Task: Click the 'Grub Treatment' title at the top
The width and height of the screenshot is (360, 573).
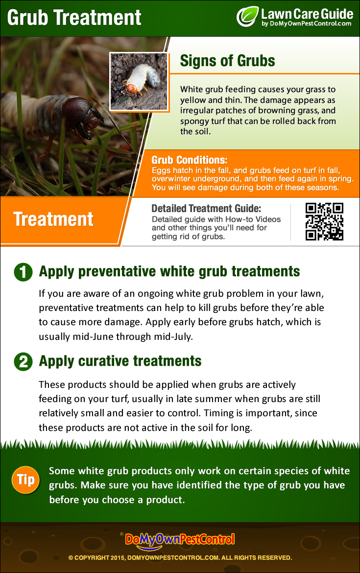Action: (74, 18)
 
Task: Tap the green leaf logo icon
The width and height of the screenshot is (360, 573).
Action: (247, 17)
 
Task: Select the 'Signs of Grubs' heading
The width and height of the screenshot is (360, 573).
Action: (227, 61)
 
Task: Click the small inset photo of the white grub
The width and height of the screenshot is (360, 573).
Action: (139, 81)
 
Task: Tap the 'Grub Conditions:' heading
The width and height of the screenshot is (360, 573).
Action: (190, 160)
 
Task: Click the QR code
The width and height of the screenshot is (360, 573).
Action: (324, 221)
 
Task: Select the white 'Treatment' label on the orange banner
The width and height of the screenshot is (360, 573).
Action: (53, 219)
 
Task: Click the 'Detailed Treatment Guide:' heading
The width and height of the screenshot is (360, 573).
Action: (206, 208)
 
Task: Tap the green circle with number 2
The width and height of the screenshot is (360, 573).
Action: (23, 361)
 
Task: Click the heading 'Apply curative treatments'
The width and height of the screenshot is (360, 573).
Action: (120, 361)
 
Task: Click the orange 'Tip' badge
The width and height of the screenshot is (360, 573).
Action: (25, 480)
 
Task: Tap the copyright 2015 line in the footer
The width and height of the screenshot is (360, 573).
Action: (180, 558)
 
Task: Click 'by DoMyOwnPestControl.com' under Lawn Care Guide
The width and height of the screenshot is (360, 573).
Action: (306, 24)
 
